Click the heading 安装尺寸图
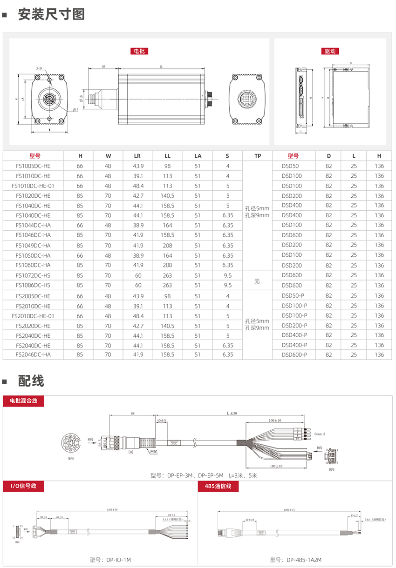coord(51,14)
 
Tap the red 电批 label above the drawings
coord(139,51)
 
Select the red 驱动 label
coord(330,51)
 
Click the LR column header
coord(137,156)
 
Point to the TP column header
coord(257,156)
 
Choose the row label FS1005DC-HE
coord(33,166)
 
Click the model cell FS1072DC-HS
coord(33,275)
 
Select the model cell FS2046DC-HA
coord(33,355)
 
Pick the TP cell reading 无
coord(257,281)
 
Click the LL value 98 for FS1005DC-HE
coord(168,166)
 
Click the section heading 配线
coord(31,381)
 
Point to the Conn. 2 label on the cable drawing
coord(320,434)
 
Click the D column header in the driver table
coord(329,156)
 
